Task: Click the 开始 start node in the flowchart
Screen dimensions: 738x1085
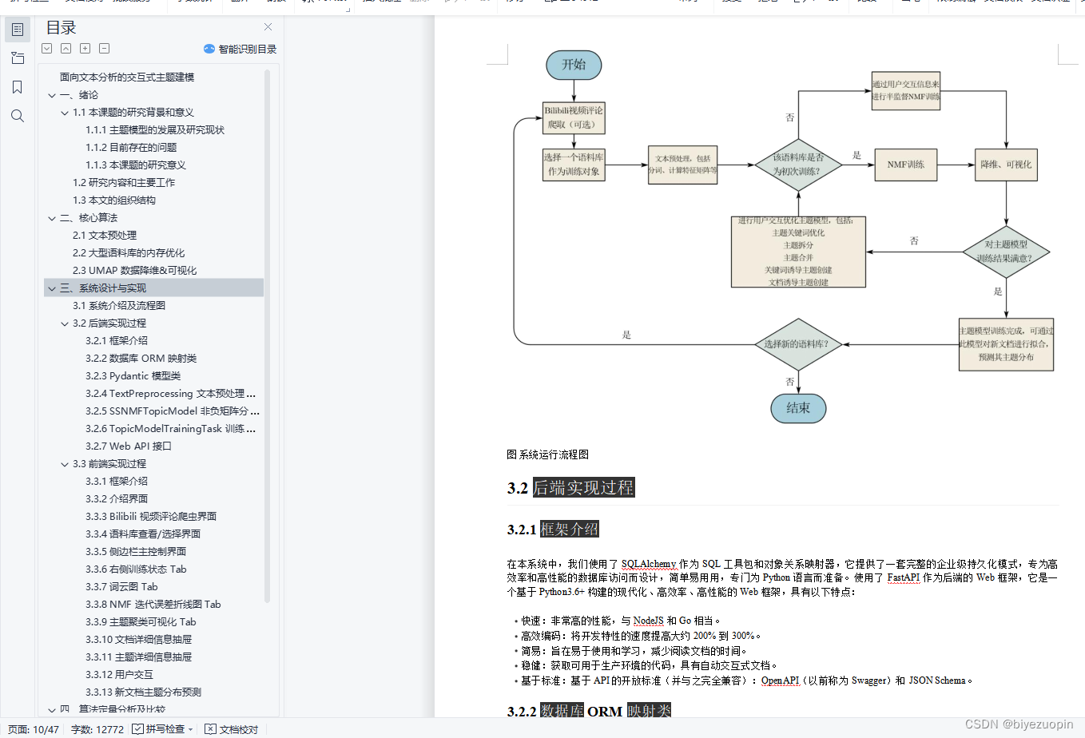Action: click(x=574, y=65)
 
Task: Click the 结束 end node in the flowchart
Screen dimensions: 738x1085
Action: click(x=797, y=408)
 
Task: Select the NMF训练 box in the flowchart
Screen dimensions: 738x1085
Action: click(x=905, y=165)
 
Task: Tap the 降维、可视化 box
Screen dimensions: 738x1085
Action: click(x=1006, y=165)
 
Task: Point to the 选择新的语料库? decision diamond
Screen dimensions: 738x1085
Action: click(x=797, y=344)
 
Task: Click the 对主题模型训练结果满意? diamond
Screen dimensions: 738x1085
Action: click(x=1006, y=252)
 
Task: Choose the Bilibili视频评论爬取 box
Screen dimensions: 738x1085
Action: click(x=574, y=117)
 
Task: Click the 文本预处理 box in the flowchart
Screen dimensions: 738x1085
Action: click(x=682, y=165)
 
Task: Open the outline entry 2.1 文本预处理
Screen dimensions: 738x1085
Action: click(x=105, y=236)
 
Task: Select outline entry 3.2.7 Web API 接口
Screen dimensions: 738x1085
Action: click(x=129, y=446)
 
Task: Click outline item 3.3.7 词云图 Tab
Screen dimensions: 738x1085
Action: click(x=121, y=587)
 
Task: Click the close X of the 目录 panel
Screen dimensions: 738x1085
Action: click(x=268, y=27)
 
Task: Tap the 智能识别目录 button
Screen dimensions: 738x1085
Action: click(x=240, y=49)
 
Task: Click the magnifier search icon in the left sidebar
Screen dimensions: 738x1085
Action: click(x=18, y=117)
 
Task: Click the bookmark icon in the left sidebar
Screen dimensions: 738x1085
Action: click(x=18, y=87)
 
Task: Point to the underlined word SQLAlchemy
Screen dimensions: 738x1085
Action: click(x=648, y=564)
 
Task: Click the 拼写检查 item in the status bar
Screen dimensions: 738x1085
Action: click(x=164, y=729)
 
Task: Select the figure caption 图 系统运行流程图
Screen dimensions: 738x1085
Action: click(x=547, y=454)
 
